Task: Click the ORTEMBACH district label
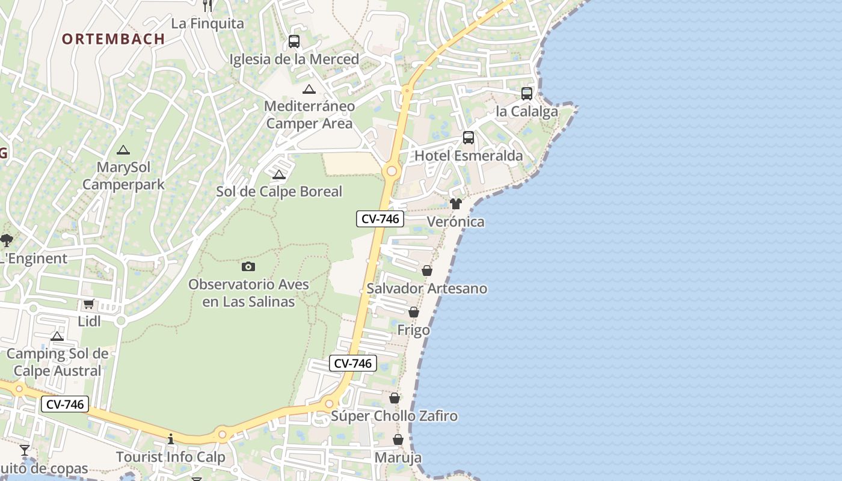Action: (113, 39)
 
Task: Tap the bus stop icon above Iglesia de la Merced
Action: (294, 41)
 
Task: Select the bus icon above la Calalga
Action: (527, 93)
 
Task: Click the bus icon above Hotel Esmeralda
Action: (469, 138)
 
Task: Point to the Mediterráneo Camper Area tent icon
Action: (309, 90)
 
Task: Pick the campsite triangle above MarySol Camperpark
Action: (123, 150)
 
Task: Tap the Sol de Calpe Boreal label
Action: (279, 192)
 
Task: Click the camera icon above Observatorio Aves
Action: (248, 266)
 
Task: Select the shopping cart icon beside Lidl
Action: (89, 304)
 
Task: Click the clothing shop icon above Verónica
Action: (456, 204)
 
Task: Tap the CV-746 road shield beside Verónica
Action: (380, 219)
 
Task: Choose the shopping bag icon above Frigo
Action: (414, 312)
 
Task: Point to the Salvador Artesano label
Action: (427, 289)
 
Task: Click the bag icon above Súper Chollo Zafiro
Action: (395, 398)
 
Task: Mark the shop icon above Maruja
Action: (398, 440)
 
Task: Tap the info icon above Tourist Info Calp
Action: (171, 439)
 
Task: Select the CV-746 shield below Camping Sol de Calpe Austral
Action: (65, 405)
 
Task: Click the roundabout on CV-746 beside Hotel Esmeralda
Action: (392, 171)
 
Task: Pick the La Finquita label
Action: (207, 23)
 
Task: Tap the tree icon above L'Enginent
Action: (7, 240)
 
